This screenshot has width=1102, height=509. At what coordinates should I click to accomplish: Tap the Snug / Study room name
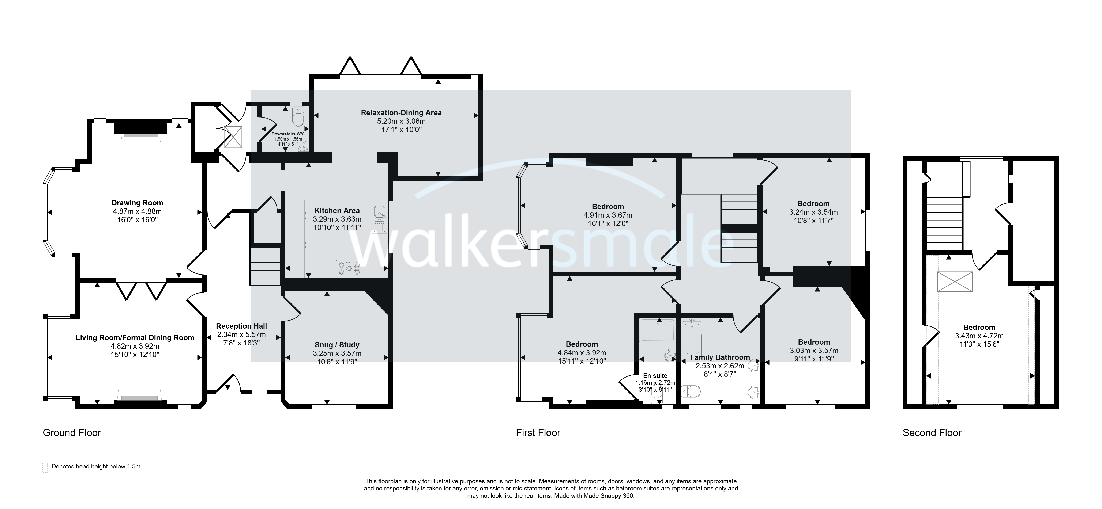(x=337, y=345)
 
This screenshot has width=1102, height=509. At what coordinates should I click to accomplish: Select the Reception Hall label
(x=241, y=326)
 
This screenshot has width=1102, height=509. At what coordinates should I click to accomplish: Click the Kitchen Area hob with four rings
(x=349, y=268)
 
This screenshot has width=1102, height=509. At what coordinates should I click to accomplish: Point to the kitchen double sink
(x=379, y=219)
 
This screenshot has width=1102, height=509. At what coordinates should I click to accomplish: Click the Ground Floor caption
(x=72, y=432)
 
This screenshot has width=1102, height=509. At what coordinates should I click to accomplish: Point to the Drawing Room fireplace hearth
(x=141, y=138)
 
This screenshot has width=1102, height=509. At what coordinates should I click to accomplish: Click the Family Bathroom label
(x=720, y=357)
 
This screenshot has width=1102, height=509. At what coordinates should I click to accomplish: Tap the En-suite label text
(x=655, y=376)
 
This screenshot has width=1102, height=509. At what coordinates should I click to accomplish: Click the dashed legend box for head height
(x=45, y=468)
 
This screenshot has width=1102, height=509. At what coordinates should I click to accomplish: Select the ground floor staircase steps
(x=265, y=266)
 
